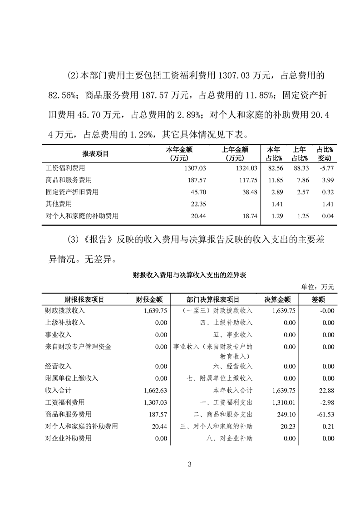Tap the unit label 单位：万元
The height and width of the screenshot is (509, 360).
317,287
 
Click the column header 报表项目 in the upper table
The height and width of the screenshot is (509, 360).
95,154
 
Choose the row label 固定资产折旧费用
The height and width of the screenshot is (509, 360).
72,192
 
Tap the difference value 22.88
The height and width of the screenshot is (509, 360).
326,390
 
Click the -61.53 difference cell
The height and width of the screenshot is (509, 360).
324,414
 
